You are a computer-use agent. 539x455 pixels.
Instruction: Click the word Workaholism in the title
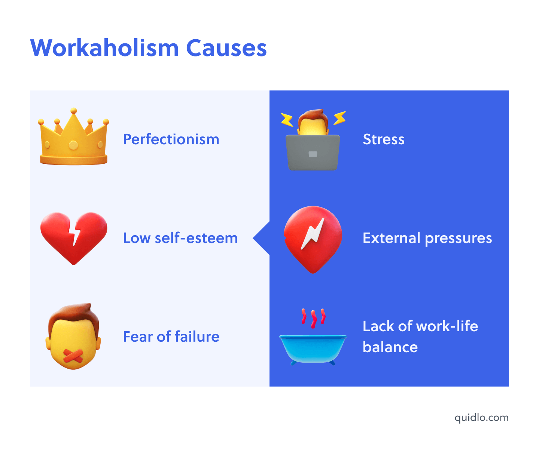pyautogui.click(x=105, y=48)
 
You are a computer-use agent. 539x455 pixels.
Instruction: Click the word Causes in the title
pyautogui.click(x=226, y=48)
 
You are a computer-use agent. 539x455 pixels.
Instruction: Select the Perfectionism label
pyautogui.click(x=171, y=139)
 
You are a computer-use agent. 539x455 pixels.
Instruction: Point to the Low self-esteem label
pyautogui.click(x=180, y=238)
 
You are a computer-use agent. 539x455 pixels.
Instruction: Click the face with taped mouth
pyautogui.click(x=74, y=336)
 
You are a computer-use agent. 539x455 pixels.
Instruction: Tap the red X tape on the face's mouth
pyautogui.click(x=73, y=356)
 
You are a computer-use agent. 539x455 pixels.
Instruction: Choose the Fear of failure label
pyautogui.click(x=171, y=337)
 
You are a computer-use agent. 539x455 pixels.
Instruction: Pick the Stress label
pyautogui.click(x=384, y=139)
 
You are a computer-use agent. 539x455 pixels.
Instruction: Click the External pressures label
pyautogui.click(x=427, y=238)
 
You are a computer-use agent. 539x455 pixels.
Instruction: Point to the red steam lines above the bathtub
pyautogui.click(x=313, y=317)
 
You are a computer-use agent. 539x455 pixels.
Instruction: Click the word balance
pyautogui.click(x=390, y=347)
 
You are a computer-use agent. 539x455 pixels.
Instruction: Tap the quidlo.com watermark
pyautogui.click(x=481, y=418)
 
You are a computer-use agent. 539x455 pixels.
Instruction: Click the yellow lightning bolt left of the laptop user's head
pyautogui.click(x=287, y=120)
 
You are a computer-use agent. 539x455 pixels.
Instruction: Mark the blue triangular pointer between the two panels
pyautogui.click(x=262, y=238)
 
